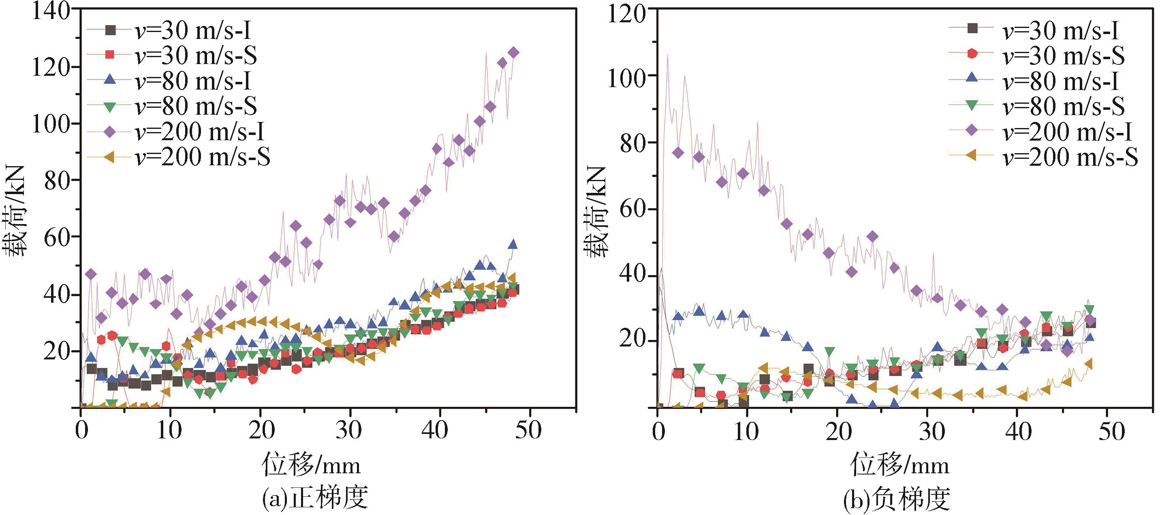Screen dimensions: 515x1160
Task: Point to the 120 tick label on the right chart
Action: [626, 13]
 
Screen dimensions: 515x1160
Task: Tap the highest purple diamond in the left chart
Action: [513, 53]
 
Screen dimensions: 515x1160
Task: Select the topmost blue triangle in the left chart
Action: [513, 244]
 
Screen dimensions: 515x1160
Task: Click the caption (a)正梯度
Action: [315, 498]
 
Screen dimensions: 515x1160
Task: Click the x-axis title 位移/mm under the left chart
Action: [311, 465]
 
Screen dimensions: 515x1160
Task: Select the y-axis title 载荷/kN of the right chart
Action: [596, 212]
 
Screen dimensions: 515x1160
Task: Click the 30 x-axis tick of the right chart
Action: [932, 431]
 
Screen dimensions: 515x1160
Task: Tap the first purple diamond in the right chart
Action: [678, 153]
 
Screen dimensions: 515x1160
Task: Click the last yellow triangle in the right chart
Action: [1088, 364]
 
